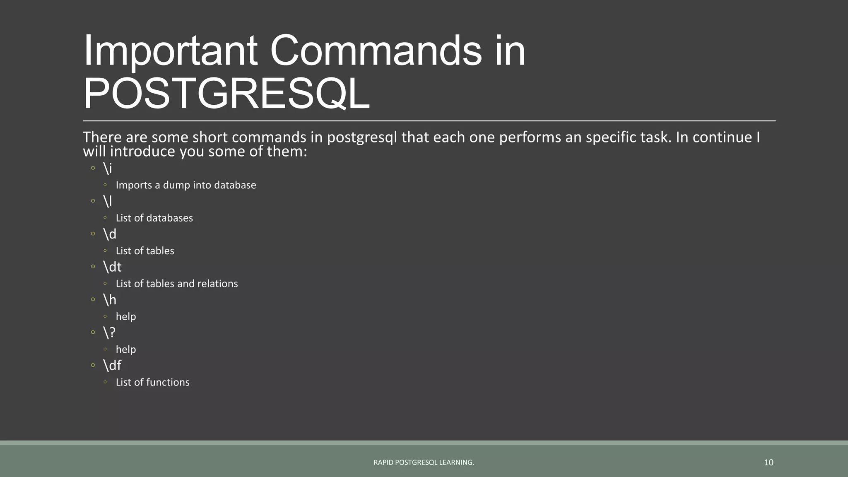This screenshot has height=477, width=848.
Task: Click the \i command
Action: point(108,168)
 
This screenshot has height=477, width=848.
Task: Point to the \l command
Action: point(108,201)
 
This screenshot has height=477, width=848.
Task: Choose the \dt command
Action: point(112,267)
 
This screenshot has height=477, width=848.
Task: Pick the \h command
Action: point(110,299)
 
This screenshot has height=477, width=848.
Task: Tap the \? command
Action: point(109,332)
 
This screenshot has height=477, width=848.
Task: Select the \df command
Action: point(112,365)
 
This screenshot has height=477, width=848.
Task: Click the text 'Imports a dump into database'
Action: point(186,185)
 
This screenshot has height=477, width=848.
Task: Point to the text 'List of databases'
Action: point(154,218)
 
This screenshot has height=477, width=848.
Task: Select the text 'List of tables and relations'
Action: point(177,284)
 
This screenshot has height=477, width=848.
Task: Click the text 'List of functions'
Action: point(152,382)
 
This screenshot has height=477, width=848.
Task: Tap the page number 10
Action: point(768,463)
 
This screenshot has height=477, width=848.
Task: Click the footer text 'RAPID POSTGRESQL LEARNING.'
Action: point(424,463)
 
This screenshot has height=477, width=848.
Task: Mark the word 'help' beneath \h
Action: point(126,317)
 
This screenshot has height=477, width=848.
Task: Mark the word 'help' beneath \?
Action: point(126,349)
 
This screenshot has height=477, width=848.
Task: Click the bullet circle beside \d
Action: point(93,234)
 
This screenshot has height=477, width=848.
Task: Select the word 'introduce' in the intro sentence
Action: point(143,152)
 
